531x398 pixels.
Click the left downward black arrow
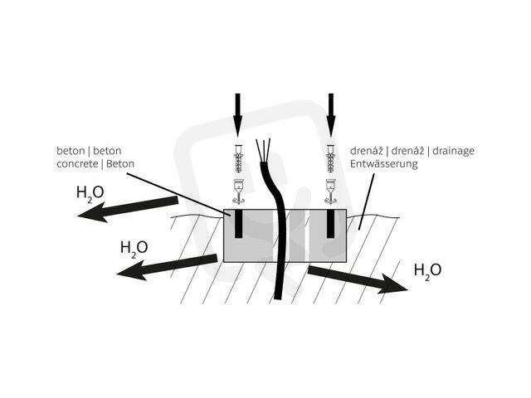coord(238,114)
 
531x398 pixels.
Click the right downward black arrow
coord(331,114)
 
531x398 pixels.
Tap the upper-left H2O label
coord(90,193)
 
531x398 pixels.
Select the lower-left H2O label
coord(134,249)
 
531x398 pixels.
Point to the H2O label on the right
coord(428,271)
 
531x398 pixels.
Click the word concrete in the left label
coord(77,164)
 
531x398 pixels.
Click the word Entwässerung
coord(384,164)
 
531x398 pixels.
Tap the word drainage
coord(454,151)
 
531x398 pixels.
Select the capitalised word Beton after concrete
coord(120,164)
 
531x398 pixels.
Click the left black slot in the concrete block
coord(239,224)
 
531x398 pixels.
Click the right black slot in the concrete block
coord(331,224)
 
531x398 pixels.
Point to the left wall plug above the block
coord(238,159)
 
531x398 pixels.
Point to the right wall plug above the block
coord(330,159)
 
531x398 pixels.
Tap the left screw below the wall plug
coord(238,192)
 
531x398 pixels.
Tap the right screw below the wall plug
coord(330,192)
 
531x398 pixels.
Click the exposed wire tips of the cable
coord(264,150)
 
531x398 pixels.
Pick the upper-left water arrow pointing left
coord(128,209)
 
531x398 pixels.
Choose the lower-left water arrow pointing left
coord(167,267)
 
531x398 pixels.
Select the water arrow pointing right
coord(358,279)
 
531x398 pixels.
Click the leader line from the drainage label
coord(367,201)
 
